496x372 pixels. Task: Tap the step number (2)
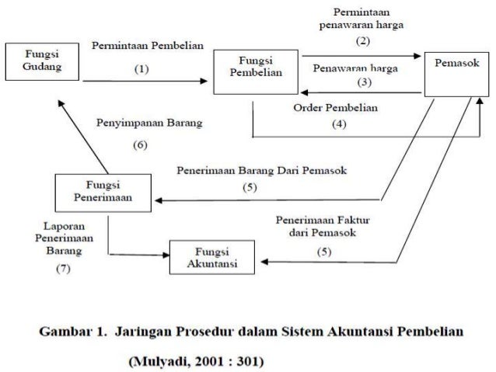pos(362,39)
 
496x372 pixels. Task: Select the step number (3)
pos(362,82)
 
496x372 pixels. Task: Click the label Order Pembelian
pos(335,109)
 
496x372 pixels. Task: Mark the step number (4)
pos(340,123)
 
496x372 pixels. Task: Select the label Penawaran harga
pos(355,68)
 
